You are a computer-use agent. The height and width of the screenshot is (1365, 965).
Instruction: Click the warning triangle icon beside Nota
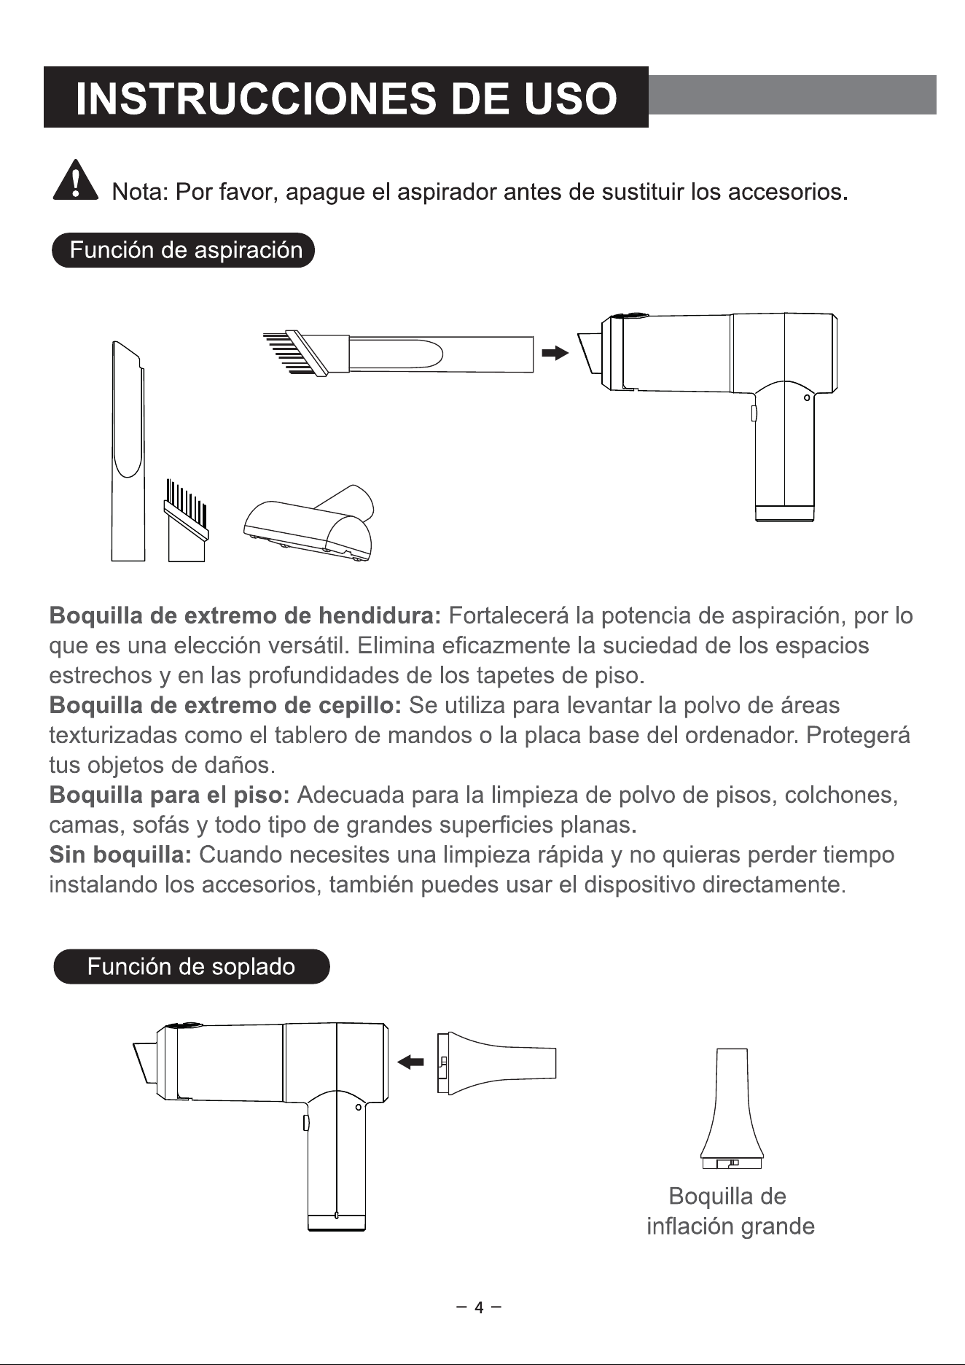click(75, 180)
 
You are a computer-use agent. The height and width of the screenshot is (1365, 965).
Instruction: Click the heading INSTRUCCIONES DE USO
click(346, 98)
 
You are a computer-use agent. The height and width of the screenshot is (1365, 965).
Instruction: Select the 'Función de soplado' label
click(192, 967)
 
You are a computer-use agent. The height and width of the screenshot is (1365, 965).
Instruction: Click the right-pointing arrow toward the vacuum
click(555, 354)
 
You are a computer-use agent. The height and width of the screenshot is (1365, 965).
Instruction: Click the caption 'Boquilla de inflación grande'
click(730, 1211)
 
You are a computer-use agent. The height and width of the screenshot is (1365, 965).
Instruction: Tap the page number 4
click(479, 1307)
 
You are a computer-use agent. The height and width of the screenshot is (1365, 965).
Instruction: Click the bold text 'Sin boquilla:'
click(120, 854)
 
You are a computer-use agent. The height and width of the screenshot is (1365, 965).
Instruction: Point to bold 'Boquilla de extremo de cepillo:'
click(225, 705)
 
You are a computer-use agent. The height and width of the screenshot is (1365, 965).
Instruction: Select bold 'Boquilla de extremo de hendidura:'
click(245, 616)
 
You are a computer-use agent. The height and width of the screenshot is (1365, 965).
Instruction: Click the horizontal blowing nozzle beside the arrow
click(496, 1062)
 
